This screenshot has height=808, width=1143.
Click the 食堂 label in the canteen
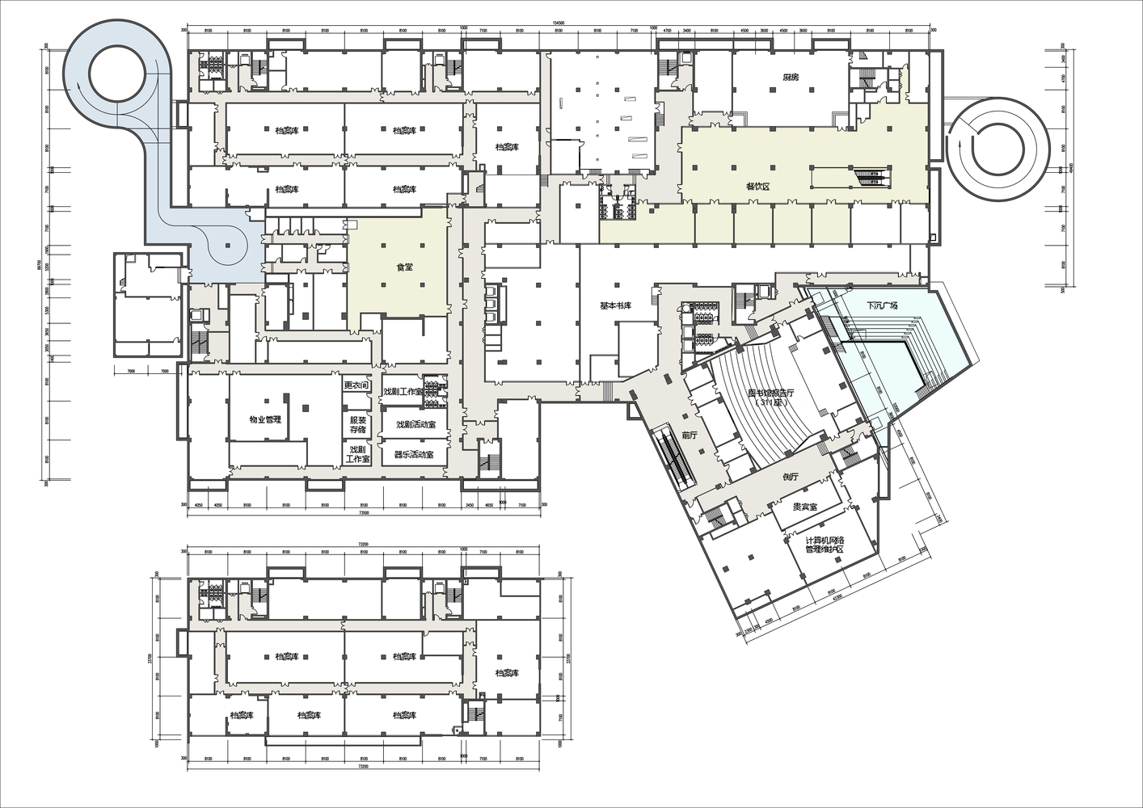404,267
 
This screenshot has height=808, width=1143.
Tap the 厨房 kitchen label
791,78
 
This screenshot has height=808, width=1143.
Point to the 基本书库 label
615,306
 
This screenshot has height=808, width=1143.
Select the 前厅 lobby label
689,435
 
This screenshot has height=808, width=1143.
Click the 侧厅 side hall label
791,477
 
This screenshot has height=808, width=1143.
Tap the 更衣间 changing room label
356,385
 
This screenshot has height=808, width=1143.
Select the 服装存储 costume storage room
357,424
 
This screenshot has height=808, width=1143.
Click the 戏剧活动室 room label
415,424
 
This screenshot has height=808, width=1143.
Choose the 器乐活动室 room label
414,454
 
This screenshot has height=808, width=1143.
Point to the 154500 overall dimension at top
558,23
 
